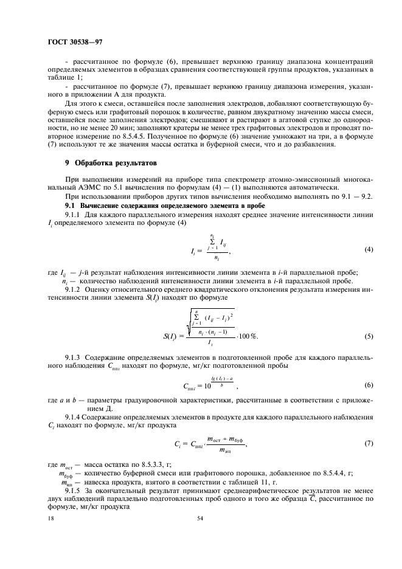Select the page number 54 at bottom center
click(200, 518)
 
